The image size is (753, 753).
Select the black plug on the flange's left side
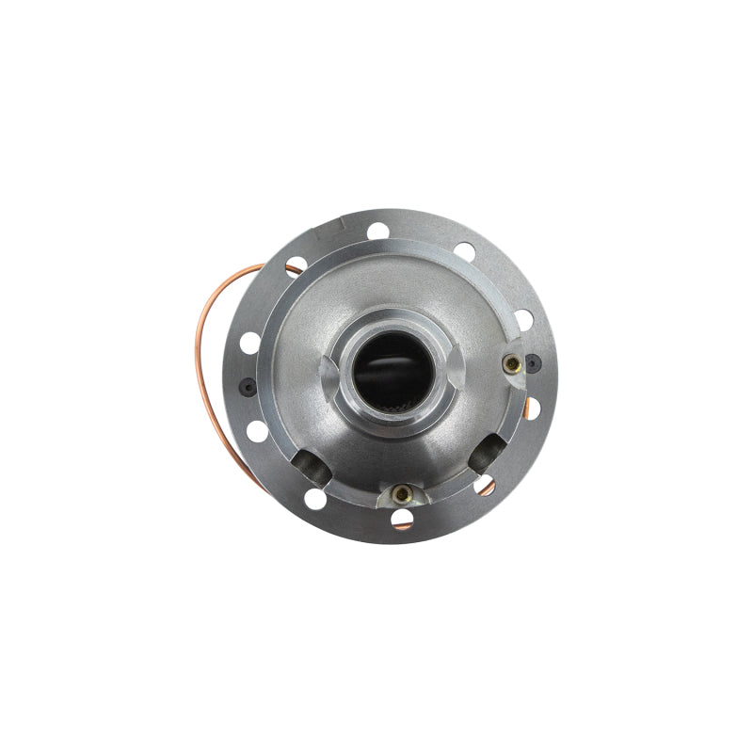(x=247, y=385)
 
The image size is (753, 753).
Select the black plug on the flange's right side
(x=534, y=362)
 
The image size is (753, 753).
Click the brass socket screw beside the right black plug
(x=512, y=363)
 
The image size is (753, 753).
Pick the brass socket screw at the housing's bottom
(x=402, y=492)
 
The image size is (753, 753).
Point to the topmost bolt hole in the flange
(x=378, y=231)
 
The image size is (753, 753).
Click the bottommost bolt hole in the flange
(x=402, y=518)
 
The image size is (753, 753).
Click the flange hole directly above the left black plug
(x=249, y=343)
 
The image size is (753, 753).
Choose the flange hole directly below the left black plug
(x=257, y=432)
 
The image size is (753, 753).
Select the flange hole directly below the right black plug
(x=533, y=408)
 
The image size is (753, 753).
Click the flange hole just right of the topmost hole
(x=464, y=251)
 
